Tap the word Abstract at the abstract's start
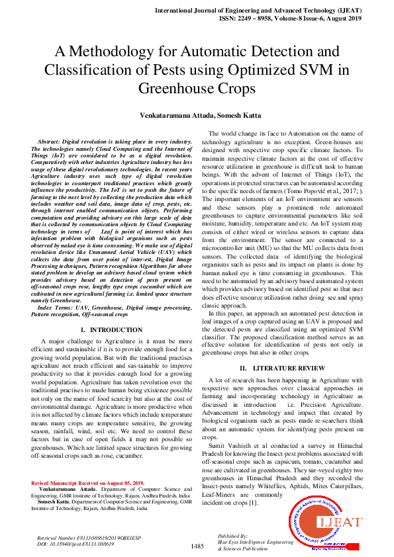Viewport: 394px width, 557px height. tap(51, 142)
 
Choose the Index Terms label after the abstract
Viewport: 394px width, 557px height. tap(56, 308)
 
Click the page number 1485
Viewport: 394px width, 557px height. tap(197, 546)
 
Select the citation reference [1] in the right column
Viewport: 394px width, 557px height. tap(254, 503)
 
